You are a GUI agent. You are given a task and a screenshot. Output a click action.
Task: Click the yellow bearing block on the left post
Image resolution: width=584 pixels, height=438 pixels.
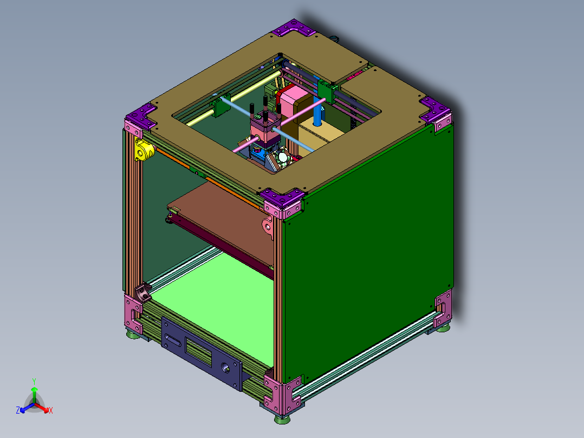point(142,150)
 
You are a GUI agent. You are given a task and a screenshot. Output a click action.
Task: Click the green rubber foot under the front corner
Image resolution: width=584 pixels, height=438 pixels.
point(281,418)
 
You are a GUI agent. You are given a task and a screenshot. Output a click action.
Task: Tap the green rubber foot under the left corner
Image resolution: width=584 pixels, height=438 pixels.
point(132,336)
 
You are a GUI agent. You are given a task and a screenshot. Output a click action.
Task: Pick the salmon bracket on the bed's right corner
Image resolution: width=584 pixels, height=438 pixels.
point(268,227)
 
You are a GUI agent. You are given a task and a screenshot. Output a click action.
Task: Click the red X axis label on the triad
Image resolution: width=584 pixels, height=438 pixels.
point(50,410)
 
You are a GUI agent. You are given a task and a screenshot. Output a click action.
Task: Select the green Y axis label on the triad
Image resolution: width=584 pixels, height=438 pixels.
point(34,381)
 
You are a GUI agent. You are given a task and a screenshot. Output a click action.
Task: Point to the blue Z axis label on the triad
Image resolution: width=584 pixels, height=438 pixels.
point(18,410)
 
